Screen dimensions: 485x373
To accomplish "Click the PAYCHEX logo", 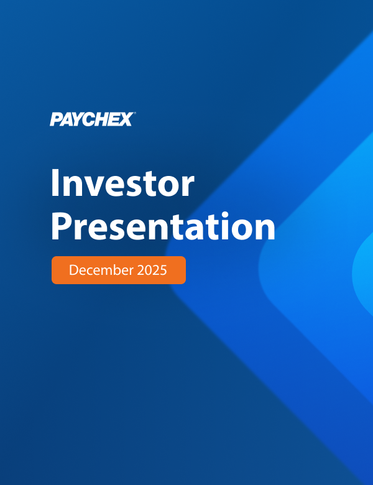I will (91, 119).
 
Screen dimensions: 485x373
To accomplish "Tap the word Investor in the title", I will (122, 185).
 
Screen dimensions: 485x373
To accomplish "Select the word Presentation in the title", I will (163, 226).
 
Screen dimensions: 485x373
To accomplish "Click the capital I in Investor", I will (55, 185).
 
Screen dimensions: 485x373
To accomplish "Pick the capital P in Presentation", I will (61, 226).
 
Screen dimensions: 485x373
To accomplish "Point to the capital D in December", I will (73, 270).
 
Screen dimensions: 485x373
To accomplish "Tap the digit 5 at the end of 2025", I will (163, 270).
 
